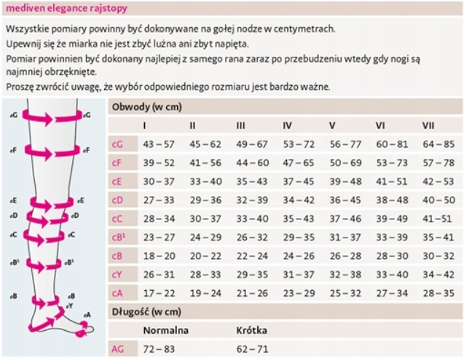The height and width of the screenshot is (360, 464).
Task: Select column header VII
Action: click(x=428, y=125)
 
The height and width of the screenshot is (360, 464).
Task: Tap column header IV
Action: click(x=287, y=125)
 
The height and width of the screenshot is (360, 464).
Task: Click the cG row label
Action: click(x=117, y=144)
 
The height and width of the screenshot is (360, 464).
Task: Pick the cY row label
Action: click(x=117, y=274)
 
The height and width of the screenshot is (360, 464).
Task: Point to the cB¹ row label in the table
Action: click(x=119, y=237)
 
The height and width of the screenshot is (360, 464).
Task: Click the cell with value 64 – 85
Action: click(x=438, y=144)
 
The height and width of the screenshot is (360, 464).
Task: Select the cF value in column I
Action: click(x=159, y=163)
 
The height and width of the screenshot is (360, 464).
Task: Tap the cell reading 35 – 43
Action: click(x=251, y=181)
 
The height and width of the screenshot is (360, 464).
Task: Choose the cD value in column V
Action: click(x=345, y=200)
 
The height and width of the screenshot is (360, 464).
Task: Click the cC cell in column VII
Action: click(x=438, y=218)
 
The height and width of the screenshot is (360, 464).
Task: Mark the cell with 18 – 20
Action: click(x=159, y=255)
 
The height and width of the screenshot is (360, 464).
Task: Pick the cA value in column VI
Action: click(x=391, y=292)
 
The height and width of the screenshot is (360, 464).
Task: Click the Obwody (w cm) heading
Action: click(x=146, y=106)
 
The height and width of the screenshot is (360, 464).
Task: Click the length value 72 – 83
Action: click(x=159, y=349)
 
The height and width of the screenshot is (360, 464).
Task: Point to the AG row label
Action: click(x=117, y=349)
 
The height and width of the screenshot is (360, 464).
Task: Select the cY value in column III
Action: click(x=251, y=274)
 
